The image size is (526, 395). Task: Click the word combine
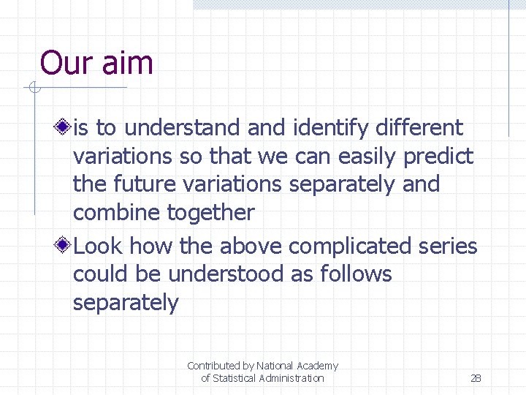click(x=117, y=214)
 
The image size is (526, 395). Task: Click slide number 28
click(x=476, y=378)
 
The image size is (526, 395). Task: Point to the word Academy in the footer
click(x=317, y=366)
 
